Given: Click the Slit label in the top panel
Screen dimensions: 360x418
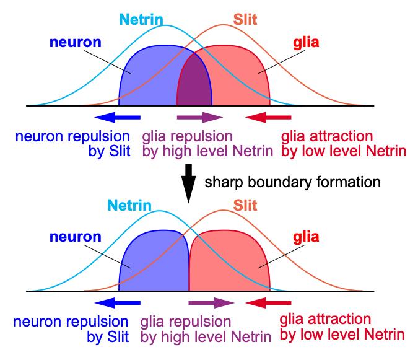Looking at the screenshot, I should point(245,19).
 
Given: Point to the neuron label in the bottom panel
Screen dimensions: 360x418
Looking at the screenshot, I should point(76,237).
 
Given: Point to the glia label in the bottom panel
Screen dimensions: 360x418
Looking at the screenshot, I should point(306,237).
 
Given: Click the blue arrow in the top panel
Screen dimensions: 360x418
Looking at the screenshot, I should point(118,117).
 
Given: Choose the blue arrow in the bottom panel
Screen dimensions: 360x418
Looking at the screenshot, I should point(118,302).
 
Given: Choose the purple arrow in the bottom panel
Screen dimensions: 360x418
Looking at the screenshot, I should point(211,302).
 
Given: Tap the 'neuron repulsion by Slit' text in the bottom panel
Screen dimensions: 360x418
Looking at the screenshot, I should point(71,330).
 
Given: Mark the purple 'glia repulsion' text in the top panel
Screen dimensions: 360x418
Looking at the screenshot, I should point(187,136).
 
